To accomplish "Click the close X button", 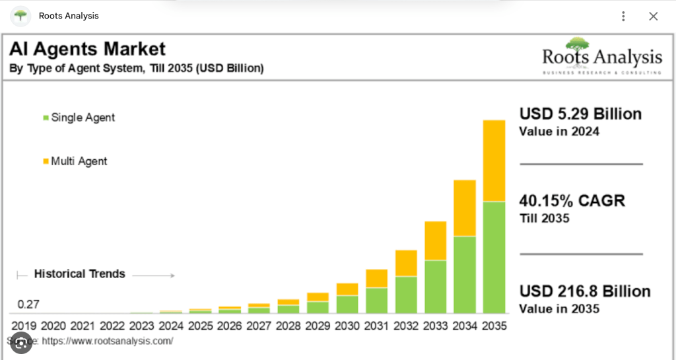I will [x=653, y=17].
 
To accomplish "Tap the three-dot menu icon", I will [x=623, y=17].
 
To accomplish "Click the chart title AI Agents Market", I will [x=87, y=49].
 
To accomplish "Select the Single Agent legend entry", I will [x=79, y=118].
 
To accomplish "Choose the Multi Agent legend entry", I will [x=75, y=161].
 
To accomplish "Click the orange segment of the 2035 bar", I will [x=494, y=161].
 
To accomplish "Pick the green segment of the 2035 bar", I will [x=494, y=257].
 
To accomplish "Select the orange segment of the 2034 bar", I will [x=465, y=208].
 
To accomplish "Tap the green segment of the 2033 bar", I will [x=436, y=286].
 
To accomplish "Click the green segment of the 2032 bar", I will [x=406, y=295].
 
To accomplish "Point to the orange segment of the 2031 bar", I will [x=377, y=278].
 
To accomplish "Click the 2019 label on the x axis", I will [x=24, y=326].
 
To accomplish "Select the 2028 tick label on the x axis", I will [x=288, y=326].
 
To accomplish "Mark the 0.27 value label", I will [x=28, y=305].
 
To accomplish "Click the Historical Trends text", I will [x=79, y=273].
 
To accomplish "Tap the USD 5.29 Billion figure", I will [x=580, y=114].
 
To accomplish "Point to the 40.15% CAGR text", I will [x=572, y=201].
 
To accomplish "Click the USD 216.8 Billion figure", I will [x=585, y=291].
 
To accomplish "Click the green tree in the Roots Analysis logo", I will [x=577, y=44].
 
